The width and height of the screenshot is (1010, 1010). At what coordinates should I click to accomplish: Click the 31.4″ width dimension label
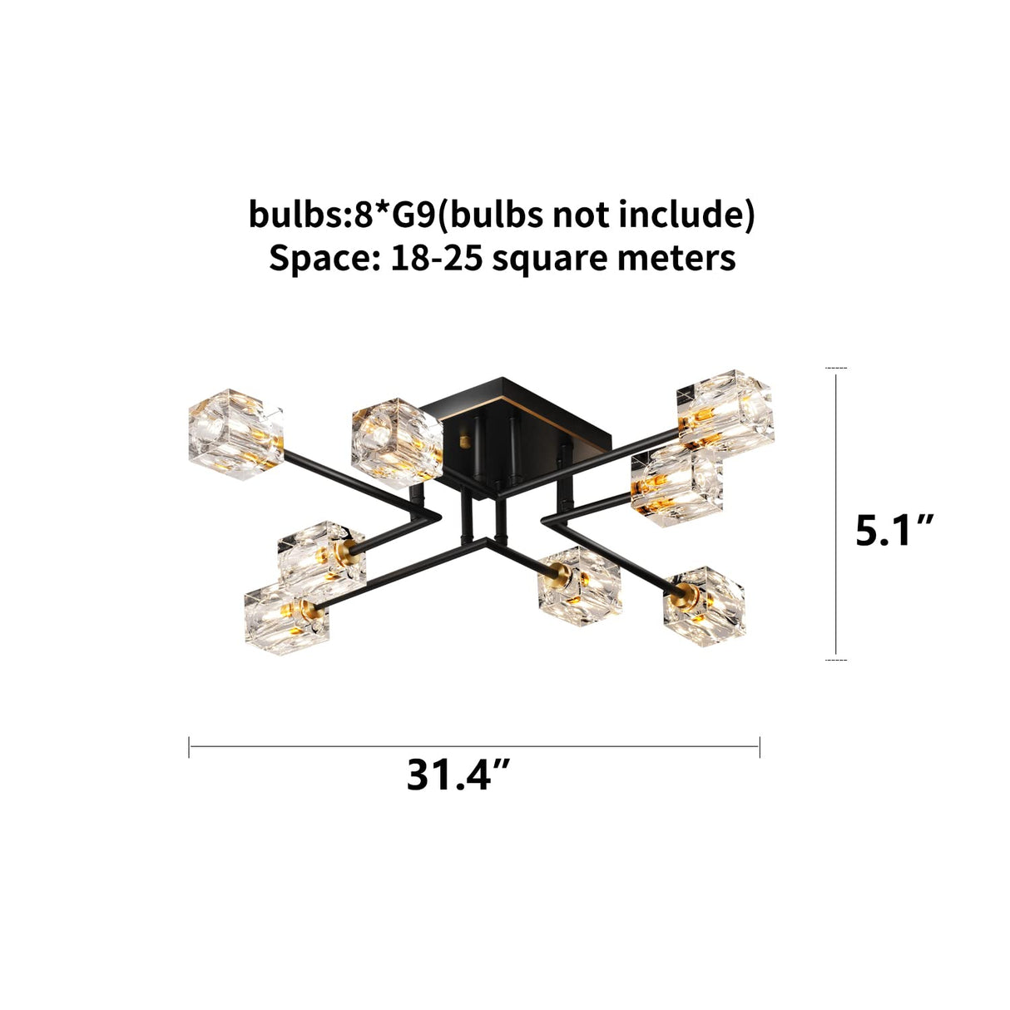click(x=458, y=775)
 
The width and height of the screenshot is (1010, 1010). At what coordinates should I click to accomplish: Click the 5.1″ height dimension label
click(x=895, y=530)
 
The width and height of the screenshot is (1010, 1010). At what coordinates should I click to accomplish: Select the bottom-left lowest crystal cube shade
click(x=286, y=618)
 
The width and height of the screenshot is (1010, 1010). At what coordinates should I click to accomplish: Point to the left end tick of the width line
click(x=190, y=746)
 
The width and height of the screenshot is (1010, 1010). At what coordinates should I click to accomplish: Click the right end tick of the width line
click(x=760, y=746)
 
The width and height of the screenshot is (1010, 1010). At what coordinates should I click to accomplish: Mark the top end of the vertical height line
click(x=836, y=368)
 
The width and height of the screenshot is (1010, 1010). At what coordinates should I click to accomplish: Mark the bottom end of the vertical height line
click(x=836, y=660)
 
